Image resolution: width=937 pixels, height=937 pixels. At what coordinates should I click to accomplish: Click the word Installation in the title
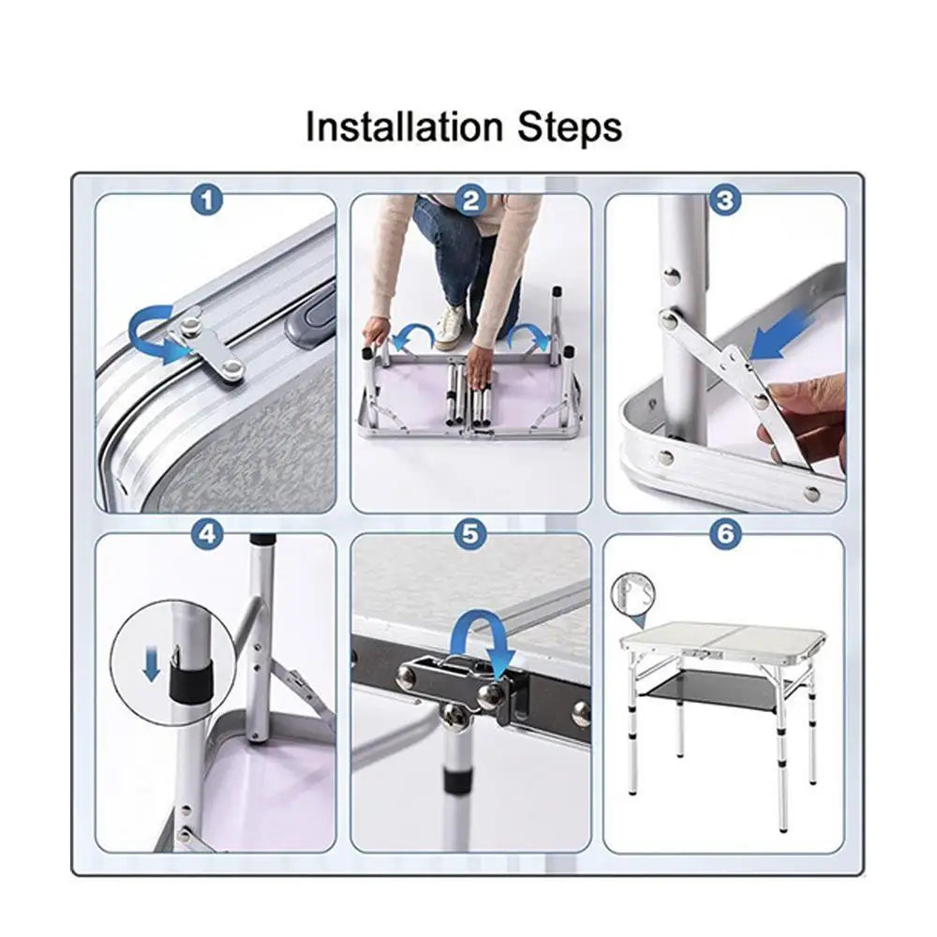(404, 126)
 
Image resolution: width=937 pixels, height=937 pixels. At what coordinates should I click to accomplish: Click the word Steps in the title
(570, 127)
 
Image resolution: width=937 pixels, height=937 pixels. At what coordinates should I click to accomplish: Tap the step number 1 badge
(207, 201)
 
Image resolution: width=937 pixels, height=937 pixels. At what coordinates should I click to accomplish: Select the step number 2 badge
(470, 201)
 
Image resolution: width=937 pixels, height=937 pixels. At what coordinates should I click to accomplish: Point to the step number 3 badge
(725, 201)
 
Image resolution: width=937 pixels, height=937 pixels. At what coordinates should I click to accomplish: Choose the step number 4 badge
(207, 534)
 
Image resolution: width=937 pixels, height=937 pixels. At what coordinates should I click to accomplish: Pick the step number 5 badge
(470, 534)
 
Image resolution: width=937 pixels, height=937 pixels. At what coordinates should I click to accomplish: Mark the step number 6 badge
(725, 534)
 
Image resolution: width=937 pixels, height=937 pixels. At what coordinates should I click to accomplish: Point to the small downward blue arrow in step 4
(152, 666)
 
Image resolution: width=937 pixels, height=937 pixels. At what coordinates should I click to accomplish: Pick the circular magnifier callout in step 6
(632, 594)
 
